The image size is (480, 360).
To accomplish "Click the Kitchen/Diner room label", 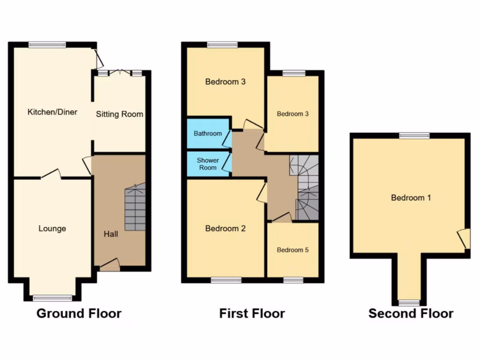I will click(x=52, y=112).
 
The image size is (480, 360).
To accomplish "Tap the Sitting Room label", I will click(x=120, y=114).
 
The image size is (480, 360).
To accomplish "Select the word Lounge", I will click(x=52, y=229).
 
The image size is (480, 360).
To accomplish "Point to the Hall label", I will click(x=111, y=233).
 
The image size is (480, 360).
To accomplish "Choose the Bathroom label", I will click(x=208, y=134).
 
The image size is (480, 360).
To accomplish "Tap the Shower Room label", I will click(x=208, y=164).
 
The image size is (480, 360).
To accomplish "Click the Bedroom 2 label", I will click(x=225, y=229).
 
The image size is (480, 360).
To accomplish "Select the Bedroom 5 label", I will click(x=292, y=250).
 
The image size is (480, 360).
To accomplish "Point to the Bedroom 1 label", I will click(x=411, y=198).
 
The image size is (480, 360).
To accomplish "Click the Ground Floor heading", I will click(x=79, y=313).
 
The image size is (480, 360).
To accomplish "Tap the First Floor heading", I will click(x=252, y=313).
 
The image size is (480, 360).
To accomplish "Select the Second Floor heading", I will click(x=411, y=313).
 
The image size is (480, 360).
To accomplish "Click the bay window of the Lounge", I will click(x=52, y=298).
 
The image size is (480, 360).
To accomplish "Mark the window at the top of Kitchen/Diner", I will click(x=47, y=45).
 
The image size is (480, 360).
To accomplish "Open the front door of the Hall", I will click(x=110, y=265).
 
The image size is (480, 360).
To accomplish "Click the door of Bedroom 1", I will click(x=464, y=239).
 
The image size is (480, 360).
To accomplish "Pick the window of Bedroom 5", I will click(x=293, y=280).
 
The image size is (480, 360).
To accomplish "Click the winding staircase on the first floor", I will click(x=305, y=187).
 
